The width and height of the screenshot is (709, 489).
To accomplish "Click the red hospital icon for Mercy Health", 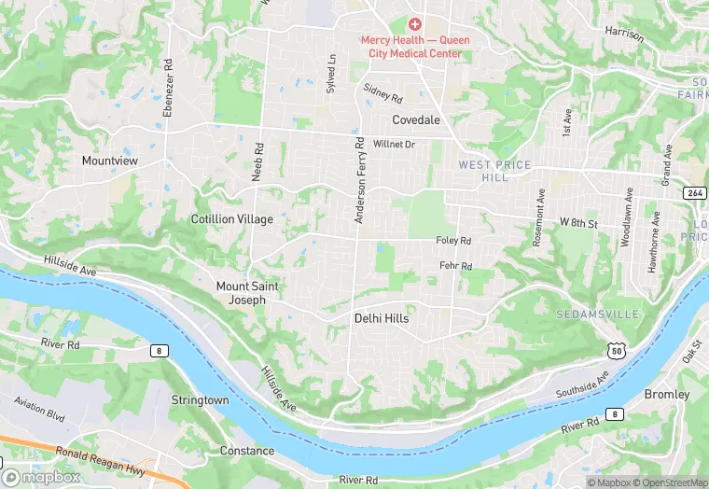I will [x=415, y=23].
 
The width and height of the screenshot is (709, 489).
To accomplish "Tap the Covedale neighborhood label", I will [x=414, y=119].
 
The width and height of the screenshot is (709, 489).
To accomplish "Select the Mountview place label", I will [x=109, y=161].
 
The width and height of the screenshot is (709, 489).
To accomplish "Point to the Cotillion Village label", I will [x=232, y=219].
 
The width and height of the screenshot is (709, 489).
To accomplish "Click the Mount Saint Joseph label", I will [x=247, y=293].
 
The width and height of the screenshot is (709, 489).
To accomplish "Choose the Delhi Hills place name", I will [x=382, y=318].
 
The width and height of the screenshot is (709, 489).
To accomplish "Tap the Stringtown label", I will [x=200, y=399].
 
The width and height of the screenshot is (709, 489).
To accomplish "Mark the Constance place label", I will [x=247, y=451].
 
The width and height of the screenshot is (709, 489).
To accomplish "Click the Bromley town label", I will [x=667, y=395].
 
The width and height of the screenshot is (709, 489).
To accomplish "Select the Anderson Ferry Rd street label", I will [x=358, y=181].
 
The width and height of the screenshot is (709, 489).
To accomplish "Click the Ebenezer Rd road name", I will [x=169, y=89].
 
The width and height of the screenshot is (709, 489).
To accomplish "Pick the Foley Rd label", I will [x=453, y=241].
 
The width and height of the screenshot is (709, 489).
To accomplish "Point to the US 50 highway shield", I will [x=614, y=350].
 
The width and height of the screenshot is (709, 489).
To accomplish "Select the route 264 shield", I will [x=693, y=193].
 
